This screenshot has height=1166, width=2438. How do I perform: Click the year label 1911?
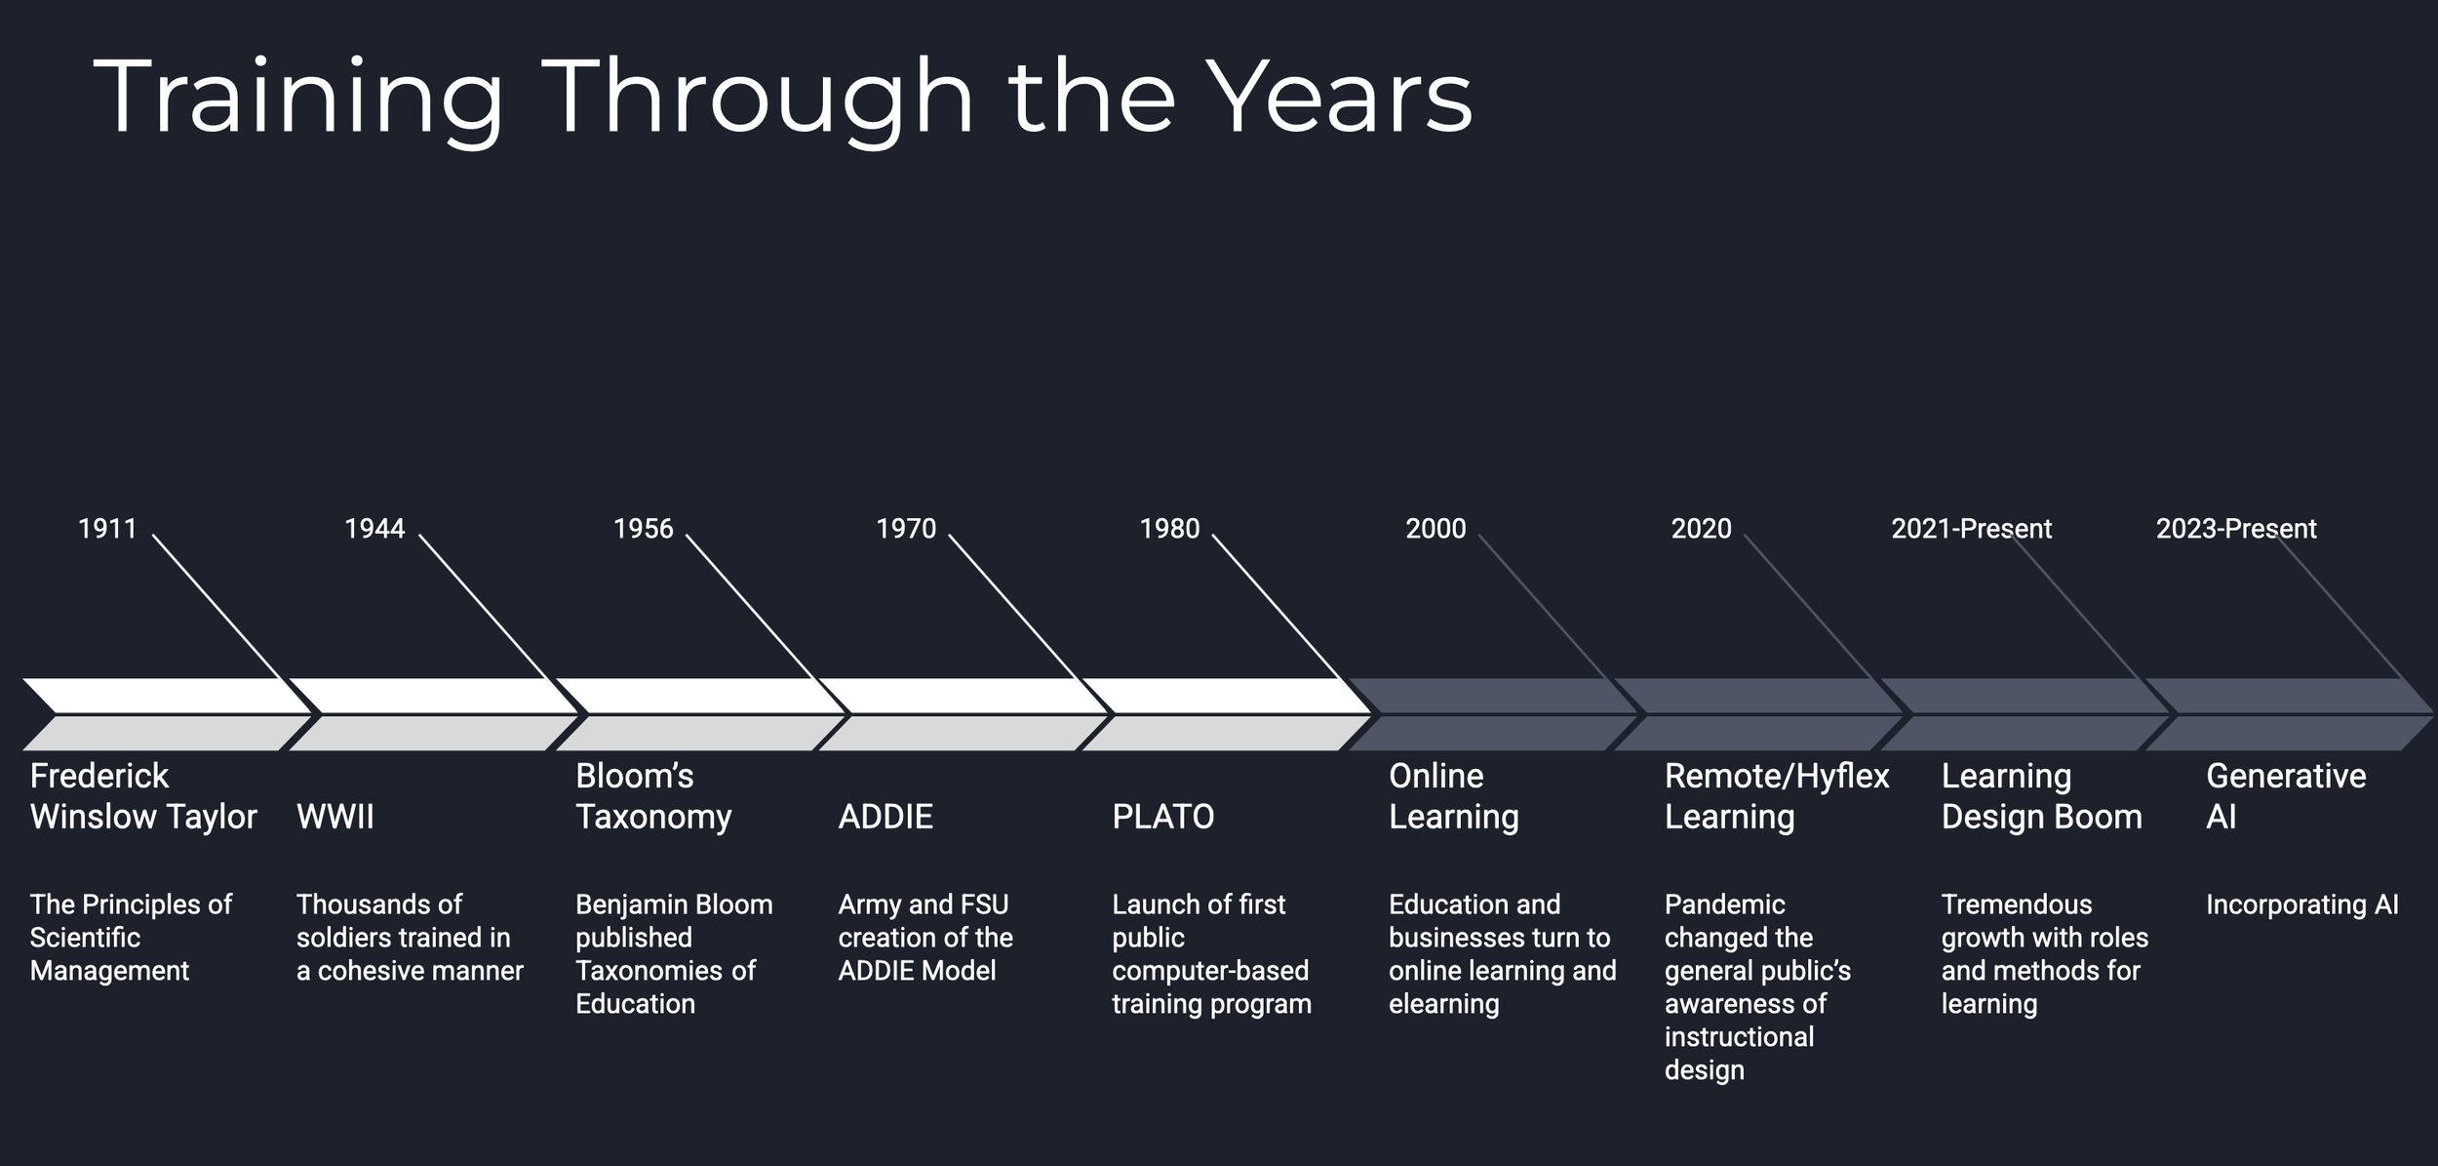[107, 529]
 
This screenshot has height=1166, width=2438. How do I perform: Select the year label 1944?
[374, 529]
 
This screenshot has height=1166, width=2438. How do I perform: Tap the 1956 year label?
[643, 529]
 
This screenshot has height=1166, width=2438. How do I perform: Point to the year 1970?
[905, 529]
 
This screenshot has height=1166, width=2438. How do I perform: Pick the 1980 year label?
[1169, 529]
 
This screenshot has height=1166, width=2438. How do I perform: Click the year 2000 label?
[1435, 529]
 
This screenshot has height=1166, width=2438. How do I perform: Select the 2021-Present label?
[1971, 529]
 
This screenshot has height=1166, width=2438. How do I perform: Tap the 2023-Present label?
[2236, 529]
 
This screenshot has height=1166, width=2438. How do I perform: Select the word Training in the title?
[298, 98]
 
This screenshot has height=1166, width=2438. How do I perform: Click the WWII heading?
[335, 817]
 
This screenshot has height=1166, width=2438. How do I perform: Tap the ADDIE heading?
[885, 817]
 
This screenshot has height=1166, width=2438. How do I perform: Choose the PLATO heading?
[1162, 817]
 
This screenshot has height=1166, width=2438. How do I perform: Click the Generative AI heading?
[2285, 795]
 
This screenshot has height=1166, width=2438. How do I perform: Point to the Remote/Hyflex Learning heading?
[1776, 795]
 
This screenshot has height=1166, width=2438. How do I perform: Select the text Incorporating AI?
[2301, 905]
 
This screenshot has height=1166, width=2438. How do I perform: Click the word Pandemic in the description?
[1724, 905]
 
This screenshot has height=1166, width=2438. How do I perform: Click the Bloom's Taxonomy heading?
[652, 795]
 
